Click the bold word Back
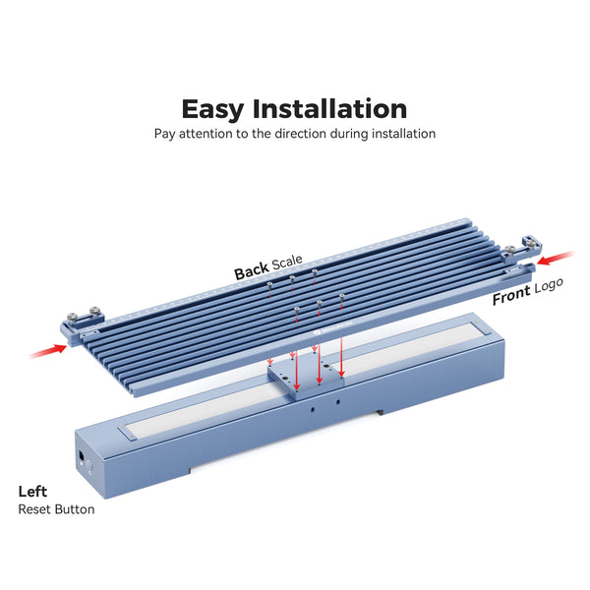tap(251, 272)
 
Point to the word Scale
tap(287, 264)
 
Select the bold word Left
tap(32, 491)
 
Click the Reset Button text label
tap(56, 509)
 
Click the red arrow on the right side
tap(557, 258)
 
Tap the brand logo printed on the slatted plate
tap(326, 332)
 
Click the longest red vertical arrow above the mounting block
tap(340, 334)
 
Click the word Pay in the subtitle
tap(164, 133)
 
